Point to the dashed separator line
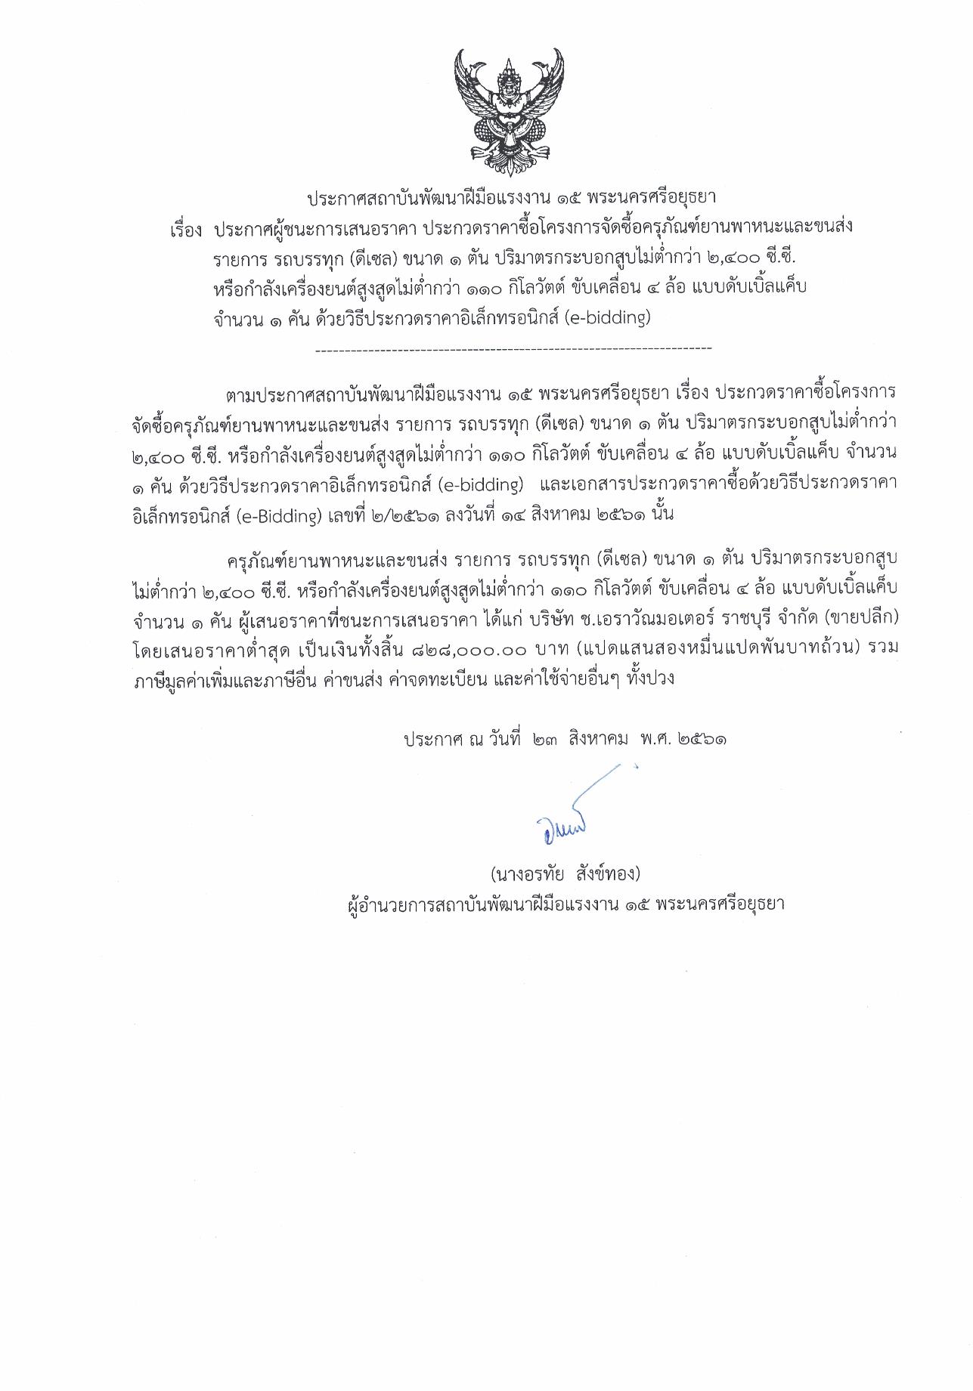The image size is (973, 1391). click(x=513, y=349)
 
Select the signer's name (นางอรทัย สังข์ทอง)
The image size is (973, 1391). click(x=564, y=874)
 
